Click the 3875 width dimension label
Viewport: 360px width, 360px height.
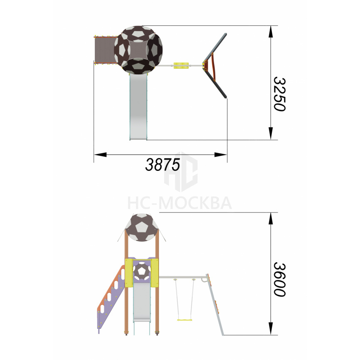coord(163,165)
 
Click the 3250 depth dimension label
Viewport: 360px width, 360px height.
coord(279,94)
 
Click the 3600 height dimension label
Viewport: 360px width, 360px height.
coord(279,279)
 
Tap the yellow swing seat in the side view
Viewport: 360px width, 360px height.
coord(185,320)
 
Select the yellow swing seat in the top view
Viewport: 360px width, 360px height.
coord(181,65)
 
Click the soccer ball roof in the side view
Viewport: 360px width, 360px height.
coord(141,227)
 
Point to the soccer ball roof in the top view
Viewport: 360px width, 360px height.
coord(138,50)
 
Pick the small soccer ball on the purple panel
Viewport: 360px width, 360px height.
coord(142,271)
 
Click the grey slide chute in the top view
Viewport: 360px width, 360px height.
coord(138,107)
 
